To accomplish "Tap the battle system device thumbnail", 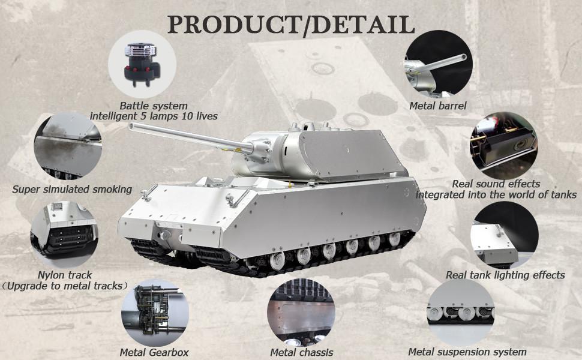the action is coord(142,64).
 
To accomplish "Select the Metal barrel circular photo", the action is coord(438,63).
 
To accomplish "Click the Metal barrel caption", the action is coord(437,106).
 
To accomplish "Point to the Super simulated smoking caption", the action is coord(72,189).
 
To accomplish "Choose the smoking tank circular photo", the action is coord(68,146).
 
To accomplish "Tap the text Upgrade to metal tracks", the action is coord(65,286).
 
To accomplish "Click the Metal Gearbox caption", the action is coord(154,352).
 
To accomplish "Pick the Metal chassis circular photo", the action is coord(301,312).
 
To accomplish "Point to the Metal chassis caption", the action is coord(301,352).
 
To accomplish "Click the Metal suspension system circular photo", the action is coord(461,312).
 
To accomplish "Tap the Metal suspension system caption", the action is coord(467,352).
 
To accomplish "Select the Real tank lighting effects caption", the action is coord(505,275).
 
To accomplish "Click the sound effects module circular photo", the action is coord(503,145).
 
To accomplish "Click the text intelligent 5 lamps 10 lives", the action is coord(154,116).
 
